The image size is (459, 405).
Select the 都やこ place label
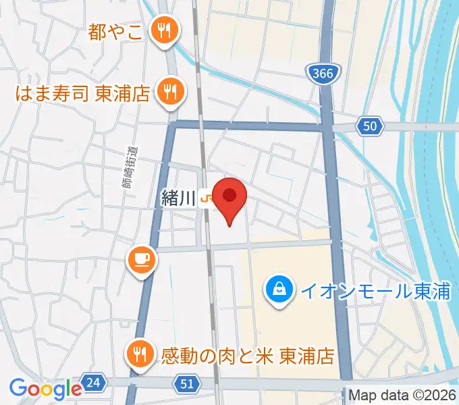click(x=115, y=32)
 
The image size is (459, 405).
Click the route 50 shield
click(x=370, y=126)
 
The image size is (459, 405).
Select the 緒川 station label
click(x=178, y=198)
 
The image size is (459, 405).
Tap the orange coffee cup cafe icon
click(x=142, y=259)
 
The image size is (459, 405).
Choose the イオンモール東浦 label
click(x=375, y=292)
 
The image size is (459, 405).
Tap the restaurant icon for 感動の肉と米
click(x=140, y=352)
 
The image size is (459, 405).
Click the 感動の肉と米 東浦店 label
click(x=247, y=354)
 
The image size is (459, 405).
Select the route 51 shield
click(x=189, y=384)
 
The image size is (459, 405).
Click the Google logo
click(x=45, y=389)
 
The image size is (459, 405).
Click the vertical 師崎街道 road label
click(x=132, y=169)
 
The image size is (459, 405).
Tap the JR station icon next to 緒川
click(x=208, y=198)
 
